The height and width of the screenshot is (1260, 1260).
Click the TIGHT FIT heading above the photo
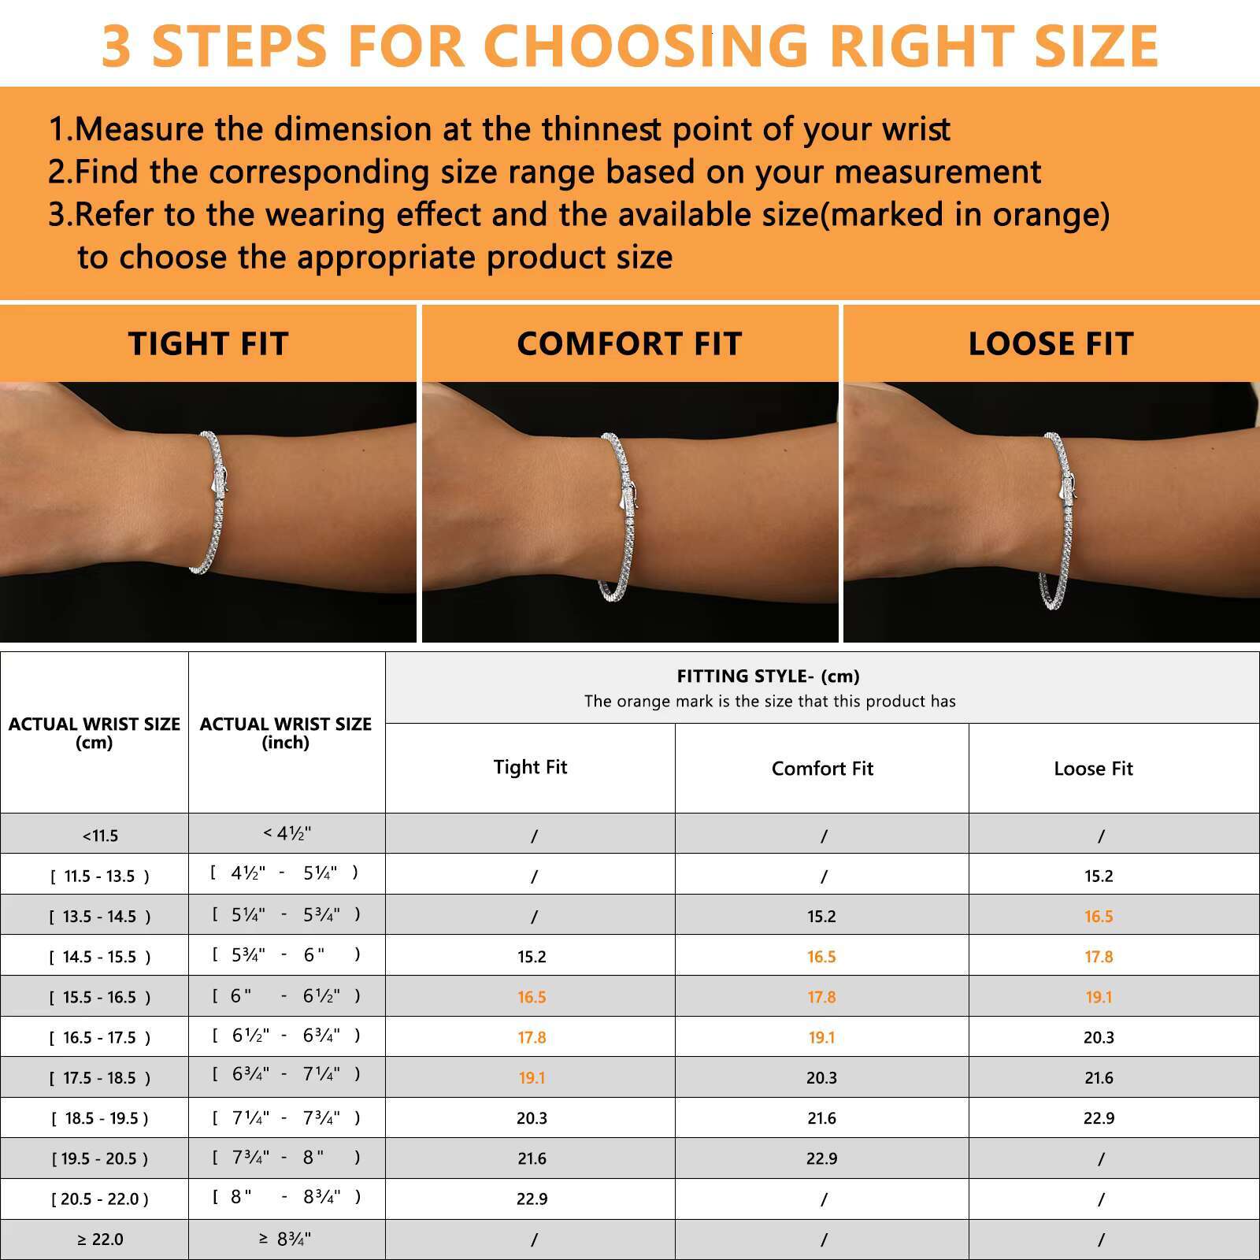tap(209, 343)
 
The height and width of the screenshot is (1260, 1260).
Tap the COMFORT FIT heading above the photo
tap(630, 343)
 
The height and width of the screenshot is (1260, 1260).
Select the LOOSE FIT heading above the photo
tap(1051, 343)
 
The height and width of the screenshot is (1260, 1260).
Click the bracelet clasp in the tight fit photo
tap(220, 480)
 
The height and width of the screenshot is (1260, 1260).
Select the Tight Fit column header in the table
tap(530, 767)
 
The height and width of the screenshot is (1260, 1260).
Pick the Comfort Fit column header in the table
tap(822, 769)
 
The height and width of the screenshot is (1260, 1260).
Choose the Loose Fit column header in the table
tap(1093, 769)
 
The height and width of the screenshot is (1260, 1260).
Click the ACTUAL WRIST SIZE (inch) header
tap(286, 732)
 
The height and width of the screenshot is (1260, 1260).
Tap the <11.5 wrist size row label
tap(100, 836)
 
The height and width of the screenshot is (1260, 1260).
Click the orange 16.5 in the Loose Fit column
tap(1099, 916)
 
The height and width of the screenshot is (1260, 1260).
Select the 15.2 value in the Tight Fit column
tap(532, 957)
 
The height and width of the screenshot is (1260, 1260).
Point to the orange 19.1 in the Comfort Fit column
tap(821, 1037)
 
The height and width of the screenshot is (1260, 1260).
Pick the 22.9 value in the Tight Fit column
tap(532, 1199)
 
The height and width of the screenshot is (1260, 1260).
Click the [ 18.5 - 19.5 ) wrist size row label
tap(100, 1118)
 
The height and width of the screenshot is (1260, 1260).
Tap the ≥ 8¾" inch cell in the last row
tap(285, 1239)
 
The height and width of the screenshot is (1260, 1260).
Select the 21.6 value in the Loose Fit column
tap(1099, 1077)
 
